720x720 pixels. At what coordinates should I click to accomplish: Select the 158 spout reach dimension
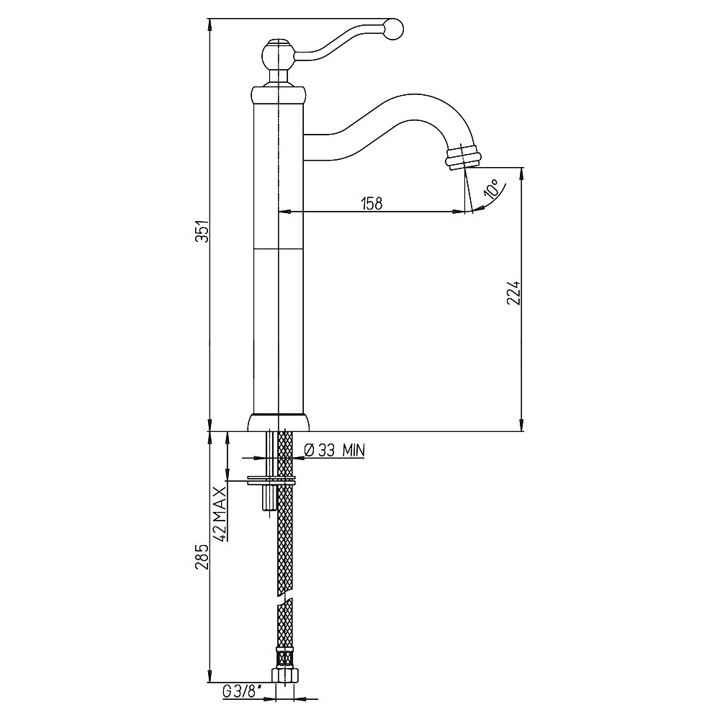372,204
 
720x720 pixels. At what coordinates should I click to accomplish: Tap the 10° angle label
492,188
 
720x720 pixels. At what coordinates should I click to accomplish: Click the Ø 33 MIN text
334,451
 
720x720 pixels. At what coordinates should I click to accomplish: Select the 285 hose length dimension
202,557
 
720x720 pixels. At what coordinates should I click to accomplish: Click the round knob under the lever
278,54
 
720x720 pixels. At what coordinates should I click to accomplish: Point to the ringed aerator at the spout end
462,157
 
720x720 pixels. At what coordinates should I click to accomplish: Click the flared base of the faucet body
278,423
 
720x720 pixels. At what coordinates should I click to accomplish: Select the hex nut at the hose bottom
284,675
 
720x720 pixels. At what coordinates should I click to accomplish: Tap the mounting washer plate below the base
271,480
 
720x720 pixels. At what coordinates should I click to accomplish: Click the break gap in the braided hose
285,600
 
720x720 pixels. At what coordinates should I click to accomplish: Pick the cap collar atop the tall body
278,94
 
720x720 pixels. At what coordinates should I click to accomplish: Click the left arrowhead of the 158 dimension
284,212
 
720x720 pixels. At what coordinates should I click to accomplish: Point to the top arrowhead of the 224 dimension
521,173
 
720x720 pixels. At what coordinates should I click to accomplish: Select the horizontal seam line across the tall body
278,248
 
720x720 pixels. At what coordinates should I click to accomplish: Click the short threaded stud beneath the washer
269,498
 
